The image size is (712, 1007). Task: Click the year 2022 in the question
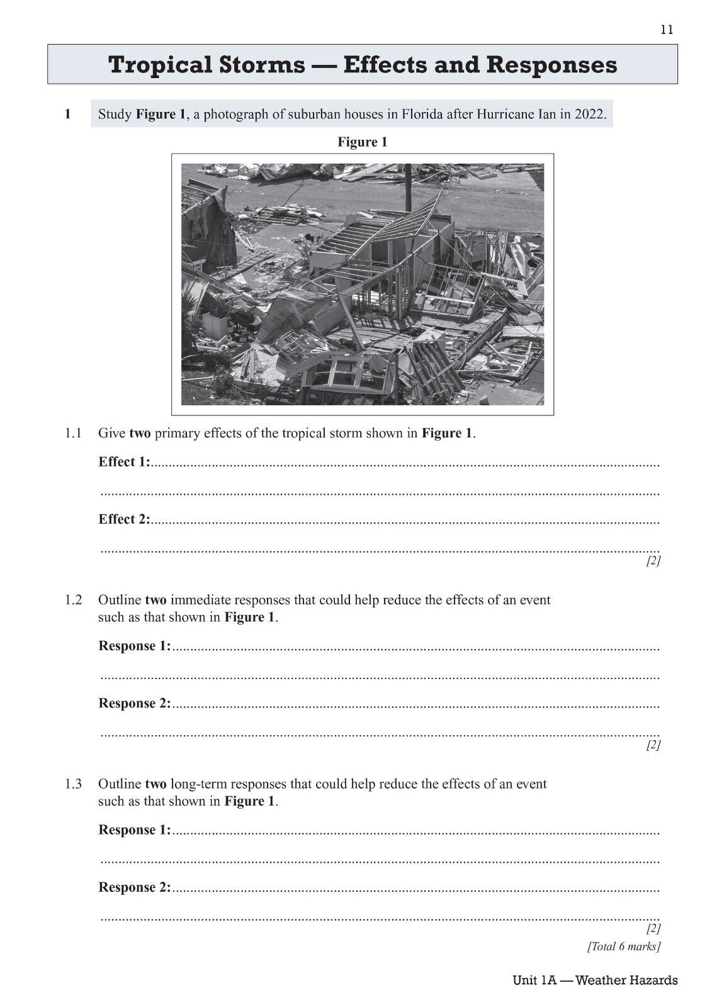589,115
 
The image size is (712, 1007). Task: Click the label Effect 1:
125,462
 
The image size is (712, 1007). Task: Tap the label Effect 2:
125,519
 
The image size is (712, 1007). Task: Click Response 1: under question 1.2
134,646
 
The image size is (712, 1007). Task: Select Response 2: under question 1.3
134,887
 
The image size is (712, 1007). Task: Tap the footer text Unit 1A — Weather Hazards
595,980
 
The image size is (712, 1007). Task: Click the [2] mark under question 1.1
653,561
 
